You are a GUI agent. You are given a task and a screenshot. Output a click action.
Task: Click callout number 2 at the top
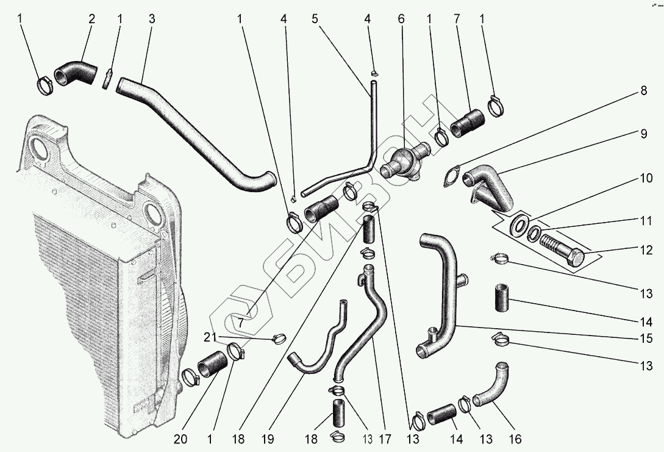[91, 18]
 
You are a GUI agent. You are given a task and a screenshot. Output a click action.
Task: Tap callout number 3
[151, 18]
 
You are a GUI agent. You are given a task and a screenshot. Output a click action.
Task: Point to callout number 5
[315, 18]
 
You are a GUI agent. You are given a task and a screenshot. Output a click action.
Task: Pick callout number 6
[401, 18]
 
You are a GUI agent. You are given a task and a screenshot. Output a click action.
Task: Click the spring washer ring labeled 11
[533, 233]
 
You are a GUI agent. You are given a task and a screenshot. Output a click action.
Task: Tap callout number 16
[515, 439]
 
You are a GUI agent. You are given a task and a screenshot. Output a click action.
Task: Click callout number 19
[267, 439]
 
